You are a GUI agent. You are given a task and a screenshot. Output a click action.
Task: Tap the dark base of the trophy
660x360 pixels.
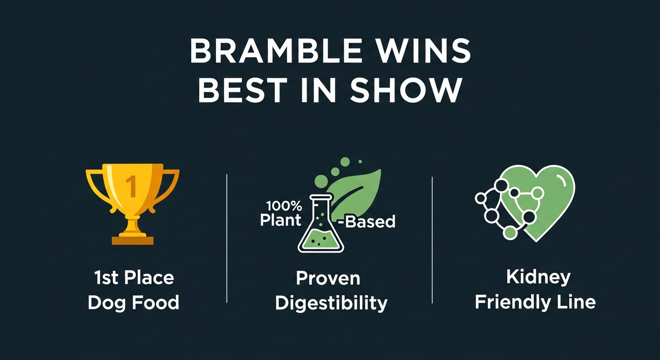(133, 240)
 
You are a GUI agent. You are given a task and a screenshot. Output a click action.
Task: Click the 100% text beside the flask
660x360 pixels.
(284, 206)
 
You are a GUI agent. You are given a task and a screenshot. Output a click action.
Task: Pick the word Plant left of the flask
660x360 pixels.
(280, 220)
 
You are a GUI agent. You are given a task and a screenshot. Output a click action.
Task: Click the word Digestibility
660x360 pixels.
(331, 303)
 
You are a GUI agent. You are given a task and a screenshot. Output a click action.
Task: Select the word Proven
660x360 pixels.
(328, 278)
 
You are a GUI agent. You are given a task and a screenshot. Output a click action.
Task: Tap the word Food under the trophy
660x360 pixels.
(155, 302)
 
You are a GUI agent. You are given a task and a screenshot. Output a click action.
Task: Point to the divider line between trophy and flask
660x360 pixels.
(227, 238)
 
